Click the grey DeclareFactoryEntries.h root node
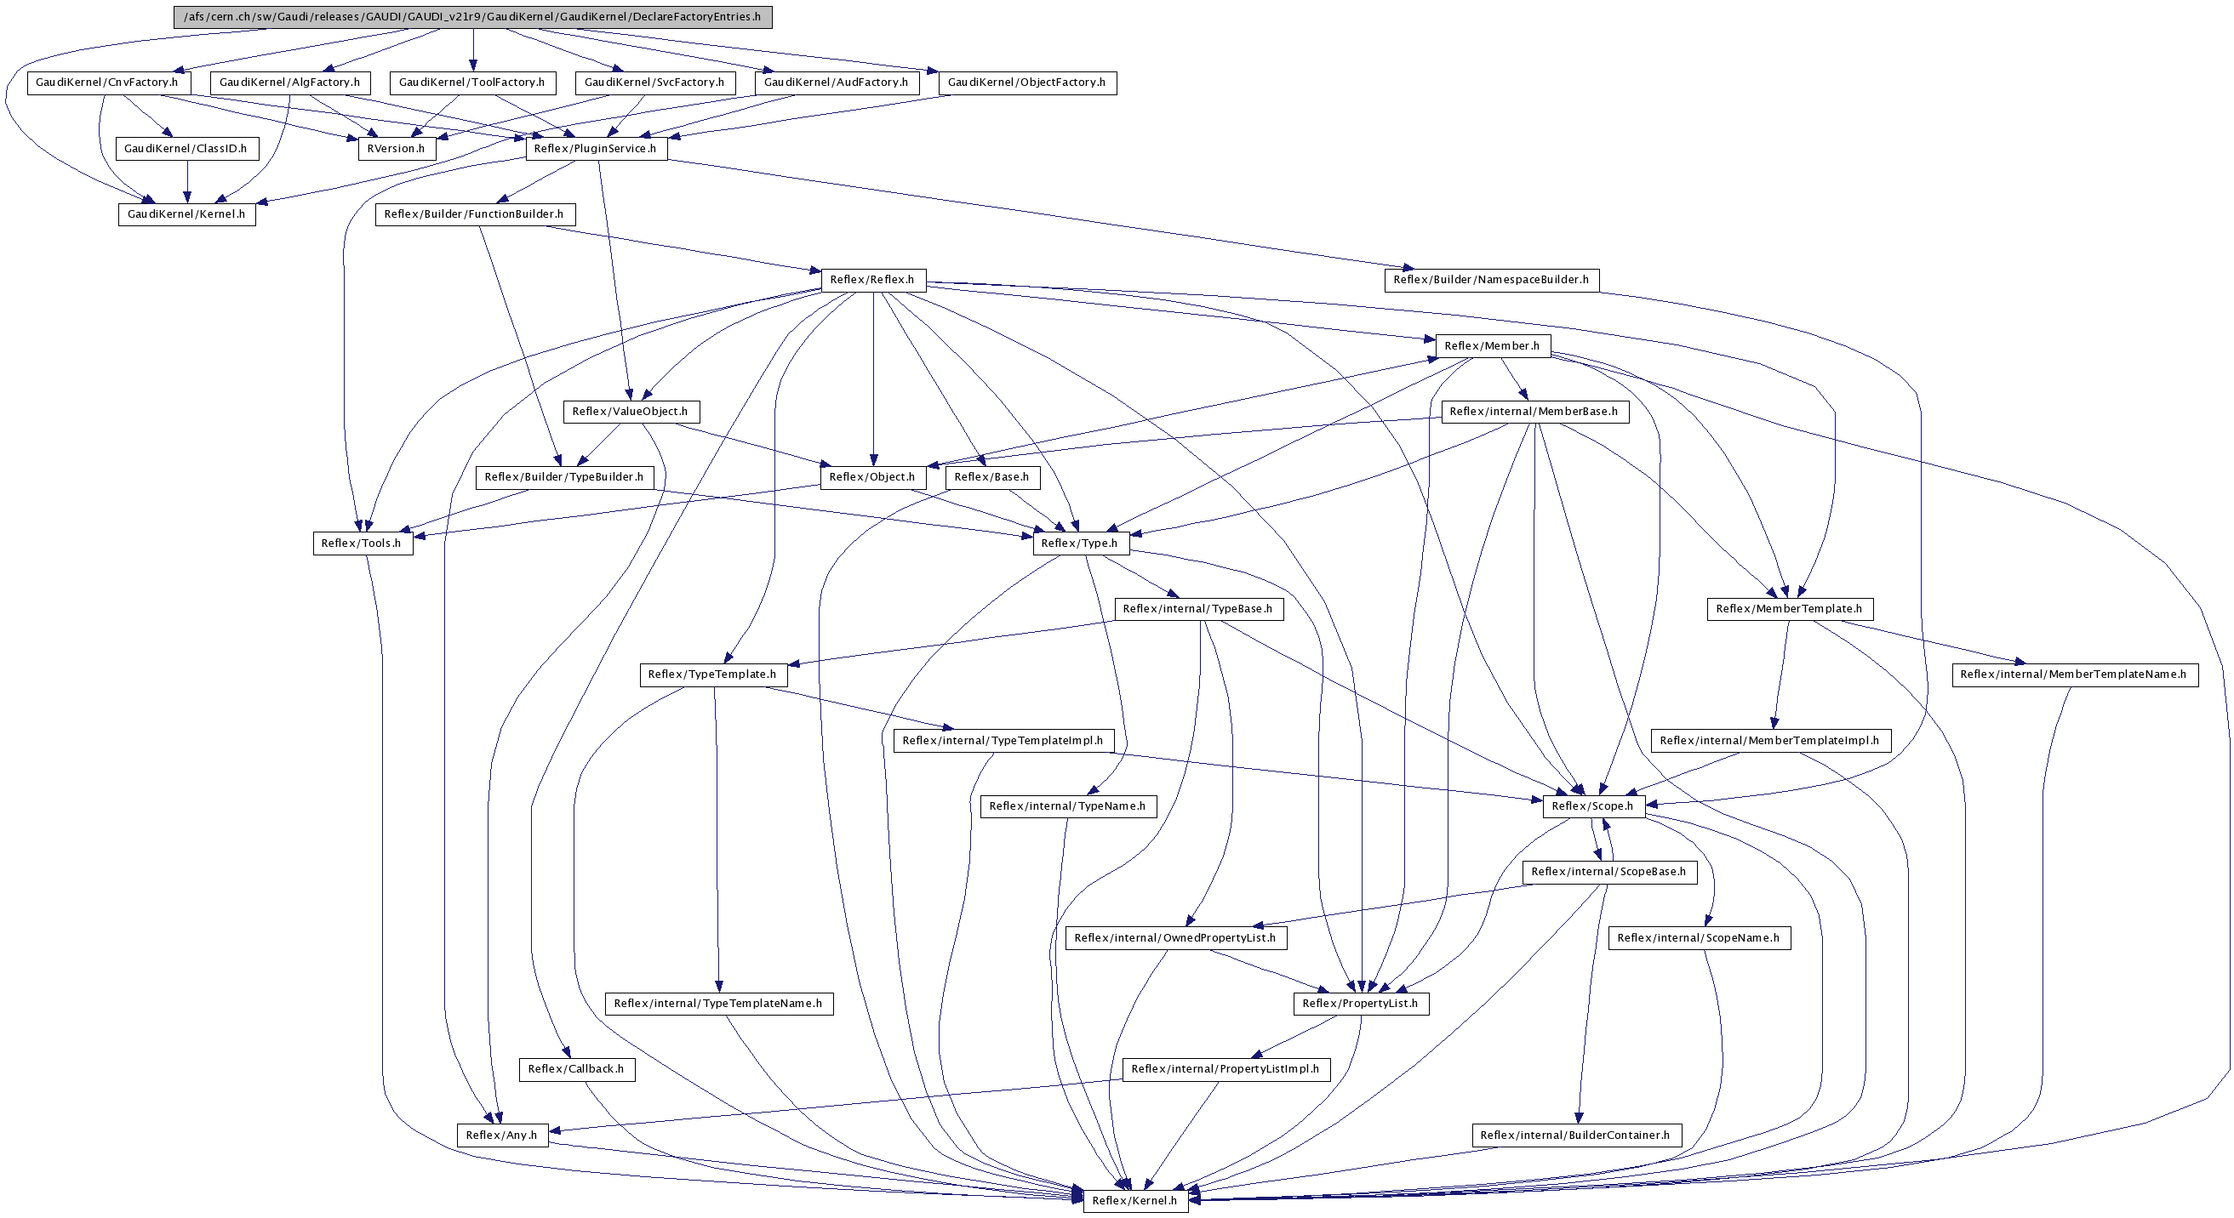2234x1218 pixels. point(471,17)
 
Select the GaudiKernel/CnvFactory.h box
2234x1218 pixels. point(107,83)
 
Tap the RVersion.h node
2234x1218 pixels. point(396,149)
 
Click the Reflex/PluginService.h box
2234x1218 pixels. point(595,149)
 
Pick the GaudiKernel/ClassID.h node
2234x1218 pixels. point(186,149)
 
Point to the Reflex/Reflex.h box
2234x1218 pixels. point(871,280)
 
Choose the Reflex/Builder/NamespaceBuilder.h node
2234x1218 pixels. point(1490,280)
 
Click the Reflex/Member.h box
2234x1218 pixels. point(1492,346)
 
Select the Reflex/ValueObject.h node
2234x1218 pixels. point(630,412)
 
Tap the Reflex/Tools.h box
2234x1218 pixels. point(362,544)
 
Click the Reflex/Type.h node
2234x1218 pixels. point(1080,544)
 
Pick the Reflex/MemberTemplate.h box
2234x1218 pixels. point(1788,610)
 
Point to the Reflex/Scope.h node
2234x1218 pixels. point(1592,806)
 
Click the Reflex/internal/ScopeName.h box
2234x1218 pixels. point(1698,938)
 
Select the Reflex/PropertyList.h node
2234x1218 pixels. point(1360,1004)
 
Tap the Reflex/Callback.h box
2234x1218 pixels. point(576,1069)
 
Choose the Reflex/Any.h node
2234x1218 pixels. point(501,1135)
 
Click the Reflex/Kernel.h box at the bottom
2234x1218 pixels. point(1134,1201)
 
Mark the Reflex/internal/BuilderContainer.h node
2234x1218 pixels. point(1575,1135)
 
